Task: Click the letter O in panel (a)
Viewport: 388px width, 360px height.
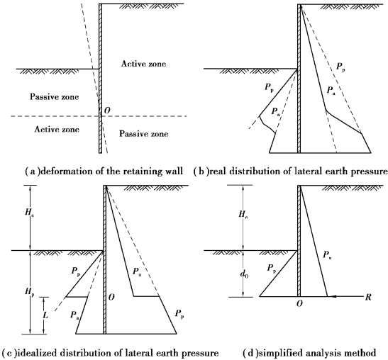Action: [x=107, y=111]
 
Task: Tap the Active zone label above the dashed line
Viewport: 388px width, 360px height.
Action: [x=143, y=64]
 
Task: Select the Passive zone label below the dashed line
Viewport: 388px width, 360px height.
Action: [x=144, y=134]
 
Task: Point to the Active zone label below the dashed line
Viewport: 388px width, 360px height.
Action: [x=57, y=129]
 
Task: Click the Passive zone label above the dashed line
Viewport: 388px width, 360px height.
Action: [x=55, y=96]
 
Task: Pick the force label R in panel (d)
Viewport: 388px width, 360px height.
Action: [x=368, y=297]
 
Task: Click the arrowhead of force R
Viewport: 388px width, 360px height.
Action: [x=331, y=296]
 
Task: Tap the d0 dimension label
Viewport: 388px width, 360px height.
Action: [x=244, y=274]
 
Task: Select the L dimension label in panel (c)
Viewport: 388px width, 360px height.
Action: [x=45, y=315]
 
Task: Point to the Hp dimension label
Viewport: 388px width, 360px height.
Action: [x=30, y=292]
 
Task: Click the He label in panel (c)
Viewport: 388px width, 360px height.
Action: [x=30, y=213]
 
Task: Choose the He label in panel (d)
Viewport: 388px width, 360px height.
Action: [x=243, y=214]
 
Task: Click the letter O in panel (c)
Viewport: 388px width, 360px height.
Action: [x=111, y=297]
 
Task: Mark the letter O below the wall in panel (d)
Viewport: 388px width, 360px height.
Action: [x=299, y=303]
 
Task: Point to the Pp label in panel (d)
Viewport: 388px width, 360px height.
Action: [x=272, y=269]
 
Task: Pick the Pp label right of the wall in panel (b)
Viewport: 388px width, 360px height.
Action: [x=340, y=67]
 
